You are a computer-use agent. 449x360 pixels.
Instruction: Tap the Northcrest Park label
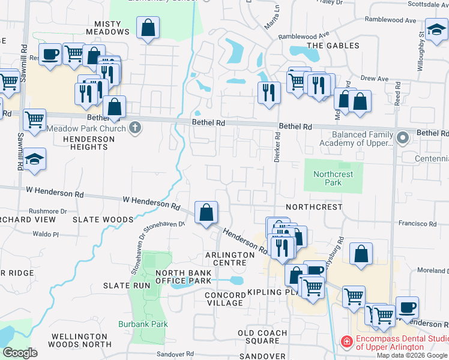pyautogui.click(x=334, y=178)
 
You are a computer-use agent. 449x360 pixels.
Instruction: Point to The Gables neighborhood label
pyautogui.click(x=333, y=46)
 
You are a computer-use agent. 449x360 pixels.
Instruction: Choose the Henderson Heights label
pyautogui.click(x=88, y=144)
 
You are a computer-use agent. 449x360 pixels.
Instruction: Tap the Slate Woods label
pyautogui.click(x=103, y=220)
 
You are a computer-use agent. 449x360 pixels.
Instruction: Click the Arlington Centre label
pyautogui.click(x=230, y=259)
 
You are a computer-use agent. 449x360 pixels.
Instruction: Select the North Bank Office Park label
pyautogui.click(x=183, y=277)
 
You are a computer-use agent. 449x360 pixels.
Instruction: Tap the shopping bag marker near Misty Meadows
pyautogui.click(x=148, y=28)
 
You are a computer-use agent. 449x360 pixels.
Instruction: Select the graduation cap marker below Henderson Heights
pyautogui.click(x=35, y=160)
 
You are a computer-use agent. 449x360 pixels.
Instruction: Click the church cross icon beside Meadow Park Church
pyautogui.click(x=136, y=128)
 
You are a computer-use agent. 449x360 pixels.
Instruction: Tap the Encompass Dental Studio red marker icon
pyautogui.click(x=346, y=342)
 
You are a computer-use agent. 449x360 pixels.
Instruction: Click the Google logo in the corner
pyautogui.click(x=20, y=353)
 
